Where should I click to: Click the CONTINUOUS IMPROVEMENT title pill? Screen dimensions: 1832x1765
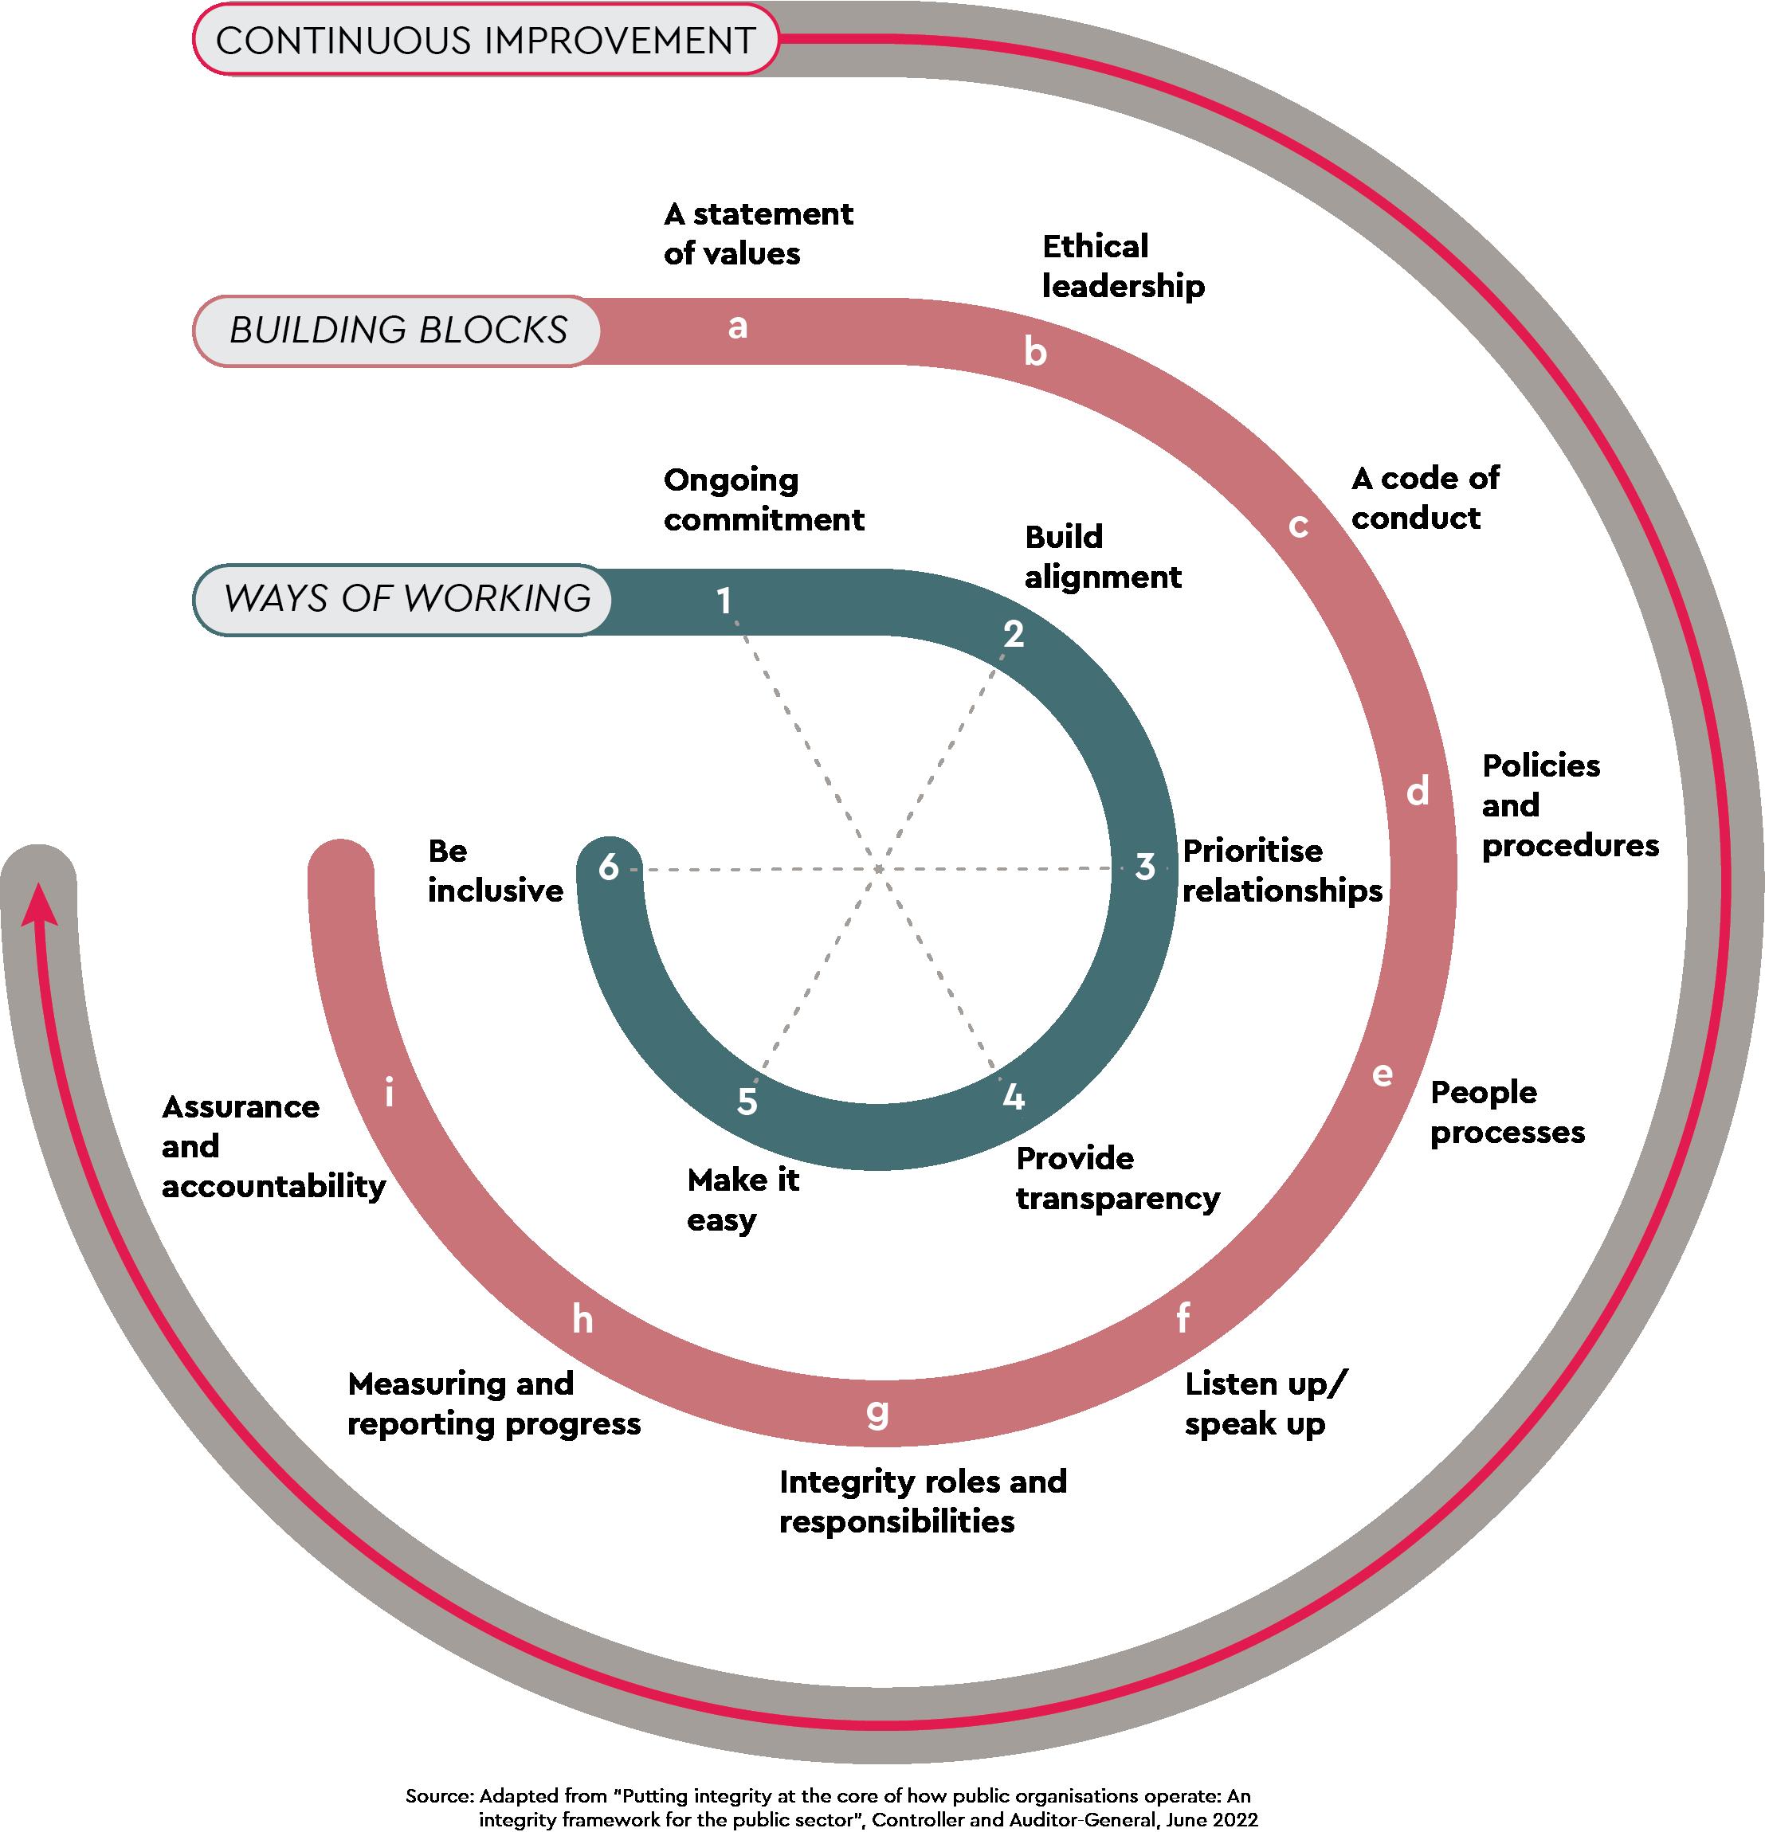point(485,40)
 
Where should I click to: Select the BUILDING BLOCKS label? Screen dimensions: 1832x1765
point(398,330)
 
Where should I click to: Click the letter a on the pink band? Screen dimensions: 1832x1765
point(738,327)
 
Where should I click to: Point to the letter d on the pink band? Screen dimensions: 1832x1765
point(1418,792)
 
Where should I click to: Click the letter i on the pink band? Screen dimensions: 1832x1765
point(389,1092)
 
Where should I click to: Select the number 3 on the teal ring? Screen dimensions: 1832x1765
point(1144,867)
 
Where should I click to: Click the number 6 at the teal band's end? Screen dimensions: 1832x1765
point(609,867)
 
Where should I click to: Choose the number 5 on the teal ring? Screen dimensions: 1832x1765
point(746,1101)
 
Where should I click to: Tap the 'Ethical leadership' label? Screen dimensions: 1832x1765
point(1123,266)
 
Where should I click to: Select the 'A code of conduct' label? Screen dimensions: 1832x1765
point(1425,497)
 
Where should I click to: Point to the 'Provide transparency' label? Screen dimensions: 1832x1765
point(1117,1178)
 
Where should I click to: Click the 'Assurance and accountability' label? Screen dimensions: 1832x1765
point(273,1146)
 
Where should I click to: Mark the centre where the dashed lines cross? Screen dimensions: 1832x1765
point(879,869)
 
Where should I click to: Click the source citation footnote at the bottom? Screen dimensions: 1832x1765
point(830,1807)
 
